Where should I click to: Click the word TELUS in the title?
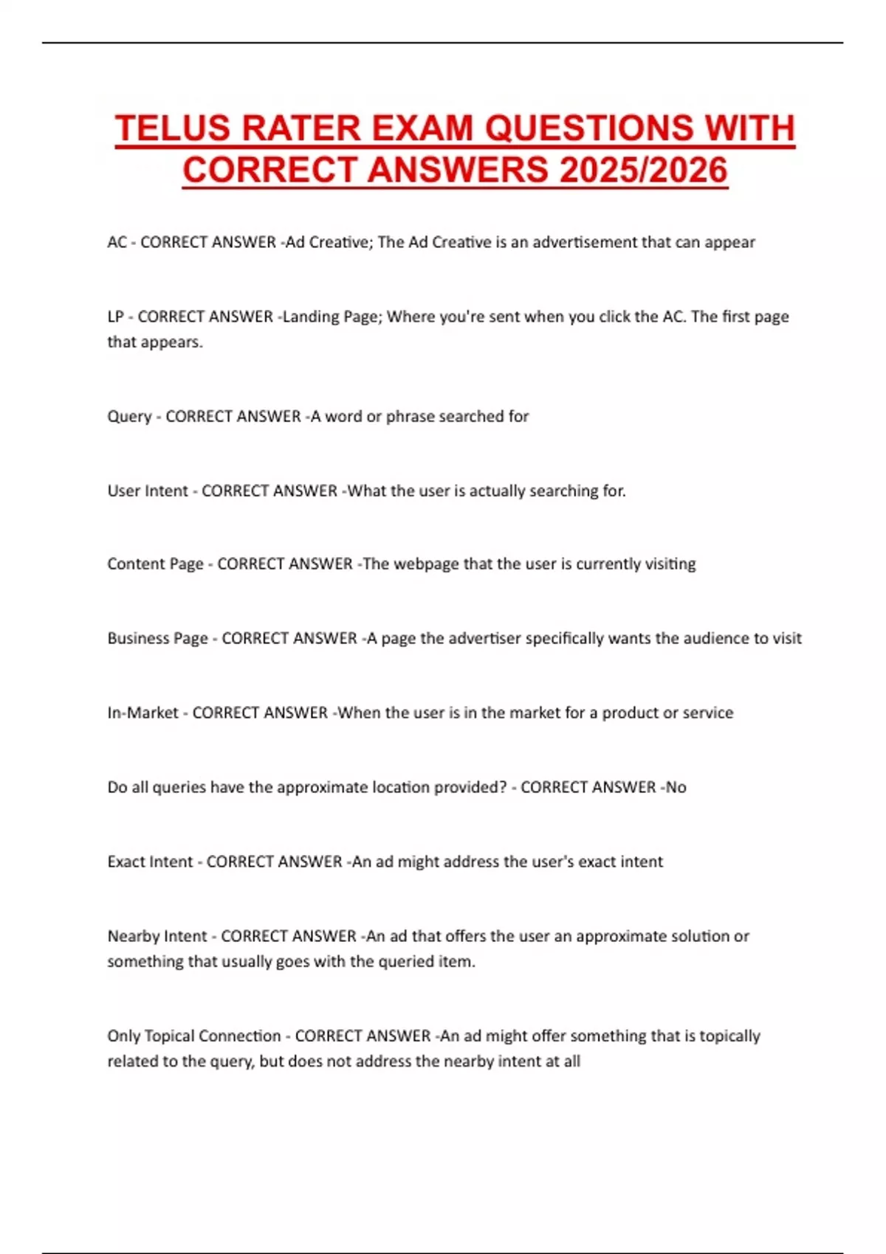(x=173, y=128)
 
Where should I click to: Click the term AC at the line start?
(x=117, y=243)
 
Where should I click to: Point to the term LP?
(x=115, y=317)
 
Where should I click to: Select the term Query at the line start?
(x=129, y=417)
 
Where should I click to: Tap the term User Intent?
(x=148, y=491)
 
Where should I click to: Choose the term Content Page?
(x=155, y=564)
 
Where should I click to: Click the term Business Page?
(x=157, y=639)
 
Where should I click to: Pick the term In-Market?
(x=142, y=713)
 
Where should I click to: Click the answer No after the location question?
(x=676, y=788)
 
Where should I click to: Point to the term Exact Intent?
(x=150, y=862)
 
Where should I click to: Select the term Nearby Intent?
(x=157, y=937)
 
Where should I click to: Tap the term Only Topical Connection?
(x=193, y=1036)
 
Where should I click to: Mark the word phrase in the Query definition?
(x=410, y=417)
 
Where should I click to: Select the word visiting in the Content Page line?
(x=669, y=564)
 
